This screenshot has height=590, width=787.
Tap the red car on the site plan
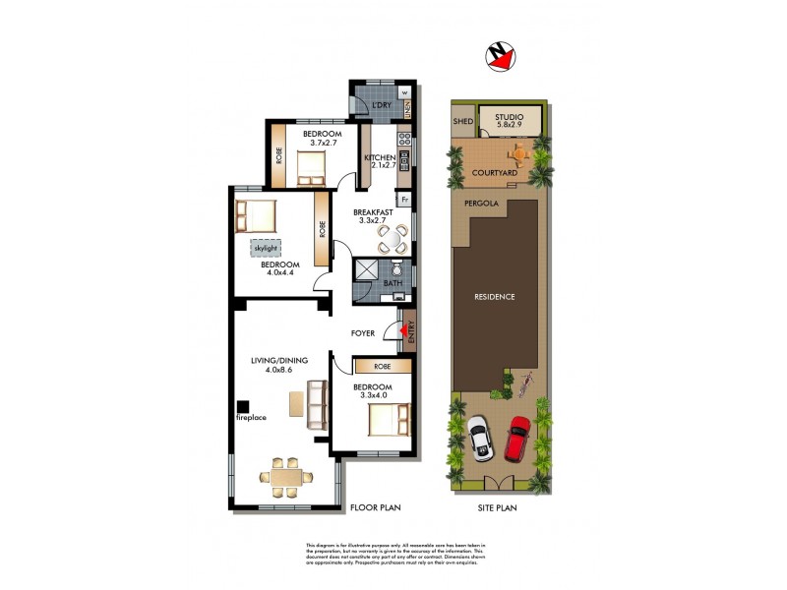click(x=518, y=439)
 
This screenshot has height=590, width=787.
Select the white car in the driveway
click(x=479, y=439)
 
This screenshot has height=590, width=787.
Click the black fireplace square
click(x=242, y=405)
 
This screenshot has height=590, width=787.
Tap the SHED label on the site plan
click(x=462, y=123)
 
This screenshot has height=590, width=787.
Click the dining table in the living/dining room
click(x=286, y=477)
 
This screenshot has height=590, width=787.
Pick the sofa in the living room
click(x=317, y=404)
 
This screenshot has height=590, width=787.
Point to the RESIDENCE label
click(x=495, y=296)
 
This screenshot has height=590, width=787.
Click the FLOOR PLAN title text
click(x=375, y=507)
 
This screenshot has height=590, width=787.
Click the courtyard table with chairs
click(x=516, y=153)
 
